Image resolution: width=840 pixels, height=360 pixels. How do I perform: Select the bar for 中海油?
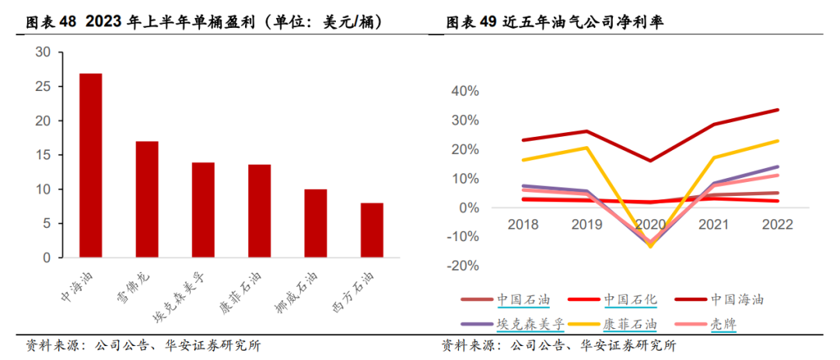(x=90, y=166)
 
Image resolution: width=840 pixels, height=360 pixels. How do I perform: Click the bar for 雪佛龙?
(x=147, y=199)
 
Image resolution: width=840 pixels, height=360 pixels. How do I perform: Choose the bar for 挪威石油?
(x=315, y=223)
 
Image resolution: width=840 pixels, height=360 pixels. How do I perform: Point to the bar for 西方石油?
(x=372, y=230)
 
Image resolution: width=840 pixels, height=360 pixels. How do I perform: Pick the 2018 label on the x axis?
(x=523, y=225)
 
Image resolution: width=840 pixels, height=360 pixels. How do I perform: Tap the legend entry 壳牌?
(x=724, y=323)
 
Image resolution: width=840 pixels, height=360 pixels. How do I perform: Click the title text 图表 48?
(x=51, y=23)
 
